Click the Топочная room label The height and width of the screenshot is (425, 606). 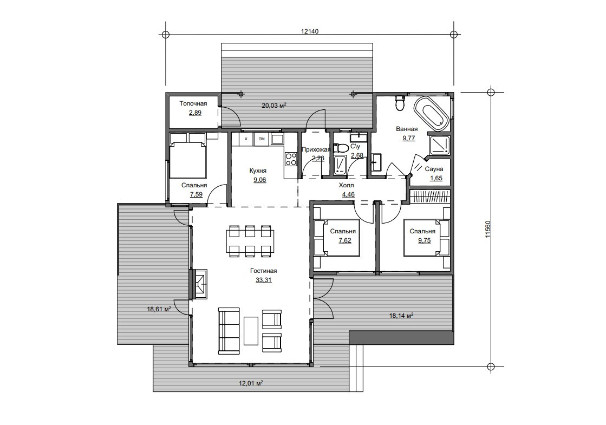pyautogui.click(x=193, y=103)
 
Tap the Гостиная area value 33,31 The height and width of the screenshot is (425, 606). pyautogui.click(x=264, y=280)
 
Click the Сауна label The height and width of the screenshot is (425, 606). pyautogui.click(x=434, y=169)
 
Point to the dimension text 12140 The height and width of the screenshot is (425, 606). pyautogui.click(x=310, y=31)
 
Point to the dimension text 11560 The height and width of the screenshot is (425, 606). pyautogui.click(x=487, y=229)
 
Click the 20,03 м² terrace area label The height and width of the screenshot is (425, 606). pyautogui.click(x=274, y=105)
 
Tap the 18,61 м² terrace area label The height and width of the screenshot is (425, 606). pyautogui.click(x=159, y=309)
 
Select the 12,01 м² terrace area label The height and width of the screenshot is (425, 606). pyautogui.click(x=251, y=383)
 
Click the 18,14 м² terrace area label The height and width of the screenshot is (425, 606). pyautogui.click(x=401, y=316)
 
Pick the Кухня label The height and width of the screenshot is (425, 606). pyautogui.click(x=258, y=171)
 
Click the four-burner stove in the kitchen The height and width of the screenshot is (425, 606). pyautogui.click(x=291, y=159)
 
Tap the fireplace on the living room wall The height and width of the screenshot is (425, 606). pyautogui.click(x=199, y=284)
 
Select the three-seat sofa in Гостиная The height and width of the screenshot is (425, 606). pyautogui.click(x=229, y=330)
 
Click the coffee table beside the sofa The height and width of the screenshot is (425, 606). pyautogui.click(x=251, y=330)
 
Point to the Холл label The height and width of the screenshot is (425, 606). pyautogui.click(x=346, y=186)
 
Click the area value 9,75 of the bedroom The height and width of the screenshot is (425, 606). pyautogui.click(x=424, y=240)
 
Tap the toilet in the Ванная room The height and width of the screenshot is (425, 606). pyautogui.click(x=400, y=103)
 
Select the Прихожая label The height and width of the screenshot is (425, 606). pyautogui.click(x=316, y=149)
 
